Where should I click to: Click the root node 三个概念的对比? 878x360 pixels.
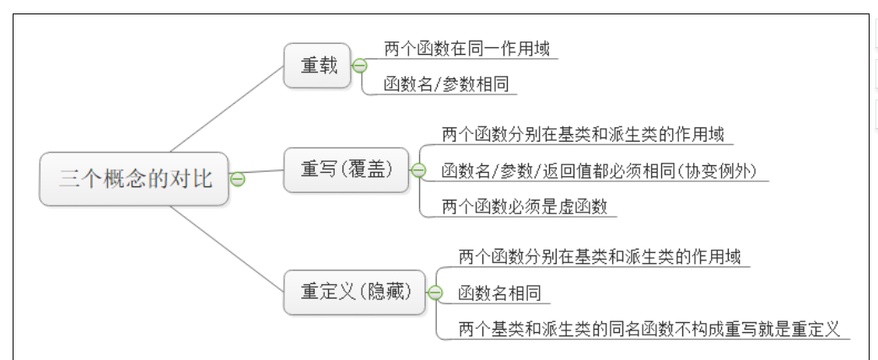click(x=134, y=179)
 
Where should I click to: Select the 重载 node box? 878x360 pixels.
click(x=317, y=65)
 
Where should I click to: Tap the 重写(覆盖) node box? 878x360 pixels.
click(x=346, y=169)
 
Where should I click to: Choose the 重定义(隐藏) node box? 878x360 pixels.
click(x=355, y=292)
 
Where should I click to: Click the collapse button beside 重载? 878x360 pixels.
click(x=360, y=66)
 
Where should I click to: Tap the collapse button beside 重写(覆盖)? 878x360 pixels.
click(x=418, y=170)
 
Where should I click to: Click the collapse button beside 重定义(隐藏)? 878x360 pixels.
click(x=435, y=293)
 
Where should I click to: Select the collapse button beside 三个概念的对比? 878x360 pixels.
click(x=238, y=179)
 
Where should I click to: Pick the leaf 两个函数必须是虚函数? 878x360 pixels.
click(x=525, y=207)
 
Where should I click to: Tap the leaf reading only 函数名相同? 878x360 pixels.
click(x=499, y=293)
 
